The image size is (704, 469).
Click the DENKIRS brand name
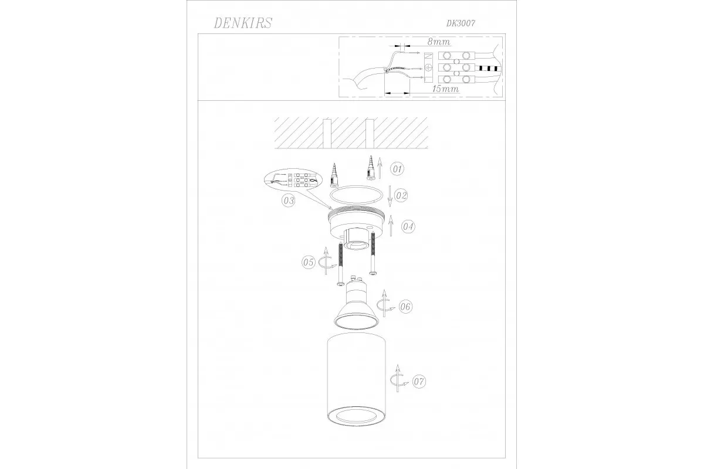click(x=243, y=23)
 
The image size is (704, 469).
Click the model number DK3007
click(x=461, y=23)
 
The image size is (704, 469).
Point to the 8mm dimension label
click(x=439, y=42)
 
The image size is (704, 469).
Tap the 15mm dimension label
click(x=446, y=89)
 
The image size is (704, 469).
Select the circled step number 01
click(x=397, y=169)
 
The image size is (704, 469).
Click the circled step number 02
click(x=401, y=195)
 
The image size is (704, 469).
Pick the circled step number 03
click(x=289, y=200)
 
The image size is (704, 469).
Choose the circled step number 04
click(x=408, y=226)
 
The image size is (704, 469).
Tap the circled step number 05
click(x=309, y=262)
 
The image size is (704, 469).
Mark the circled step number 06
click(x=405, y=306)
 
